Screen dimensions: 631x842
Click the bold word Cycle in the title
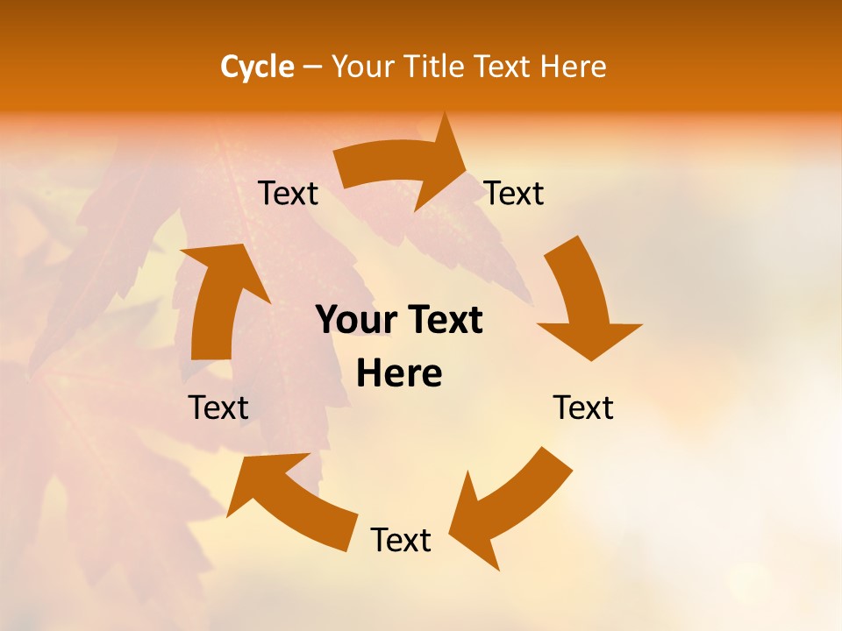coord(257,67)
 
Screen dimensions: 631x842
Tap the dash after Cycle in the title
coord(312,67)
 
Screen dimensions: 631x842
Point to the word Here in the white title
coord(573,67)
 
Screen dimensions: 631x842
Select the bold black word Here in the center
coord(399,374)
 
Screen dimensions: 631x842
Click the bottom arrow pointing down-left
coord(509,504)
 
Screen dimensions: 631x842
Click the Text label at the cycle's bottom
coord(401,540)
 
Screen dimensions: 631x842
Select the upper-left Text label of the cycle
coord(288,193)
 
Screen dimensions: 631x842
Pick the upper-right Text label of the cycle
coord(514,193)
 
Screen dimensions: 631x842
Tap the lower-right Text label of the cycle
coord(583,408)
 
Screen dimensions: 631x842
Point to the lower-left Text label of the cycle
coord(218,408)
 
